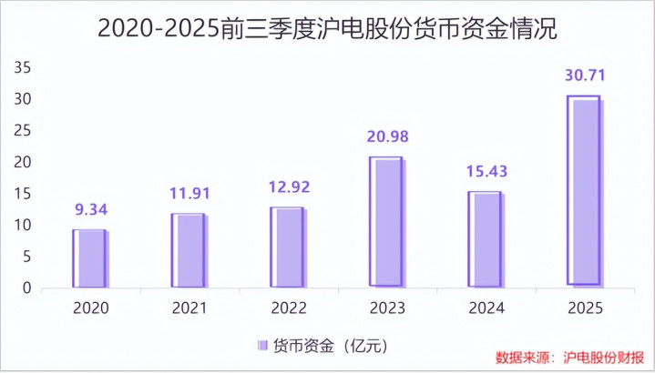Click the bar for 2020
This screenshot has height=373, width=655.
[90, 258]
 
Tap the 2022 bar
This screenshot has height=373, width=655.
[288, 247]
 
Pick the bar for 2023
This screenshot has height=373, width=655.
[386, 222]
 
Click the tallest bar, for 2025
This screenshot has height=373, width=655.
[584, 191]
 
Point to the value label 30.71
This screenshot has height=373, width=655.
[585, 76]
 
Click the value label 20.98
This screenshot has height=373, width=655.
[387, 137]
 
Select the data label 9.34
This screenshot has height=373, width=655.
[90, 210]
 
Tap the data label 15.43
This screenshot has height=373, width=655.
[486, 172]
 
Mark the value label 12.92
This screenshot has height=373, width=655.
[288, 188]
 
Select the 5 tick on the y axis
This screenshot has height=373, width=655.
[26, 257]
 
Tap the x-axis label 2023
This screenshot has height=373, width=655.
[386, 308]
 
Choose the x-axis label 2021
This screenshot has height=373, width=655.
[189, 308]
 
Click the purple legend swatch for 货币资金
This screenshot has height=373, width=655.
[262, 345]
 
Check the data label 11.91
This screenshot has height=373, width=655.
[189, 194]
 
